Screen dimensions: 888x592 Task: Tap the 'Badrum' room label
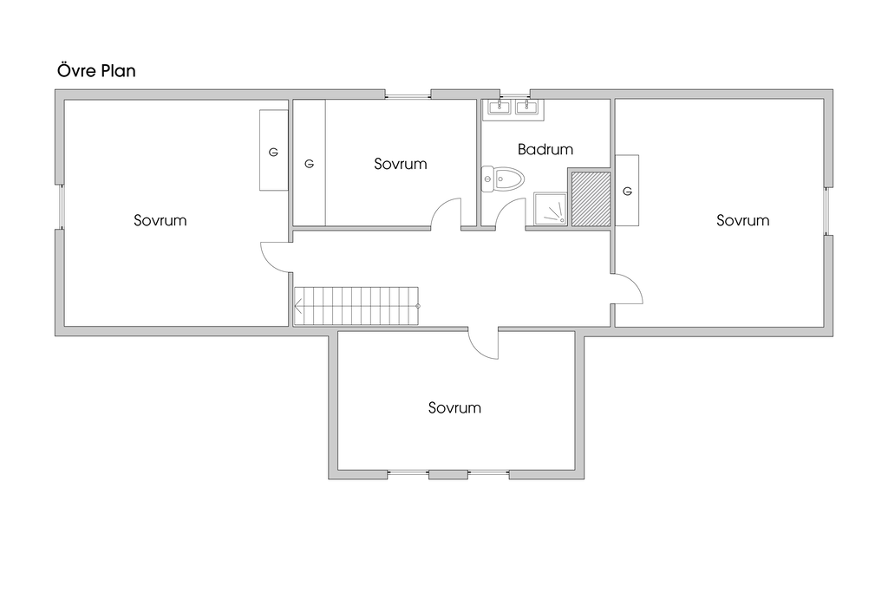click(x=545, y=149)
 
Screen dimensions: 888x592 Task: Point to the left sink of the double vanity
click(x=499, y=107)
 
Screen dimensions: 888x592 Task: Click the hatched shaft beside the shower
click(x=590, y=198)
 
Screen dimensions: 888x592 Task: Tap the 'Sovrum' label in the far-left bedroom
click(x=160, y=220)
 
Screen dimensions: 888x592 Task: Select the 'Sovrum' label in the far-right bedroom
click(x=742, y=220)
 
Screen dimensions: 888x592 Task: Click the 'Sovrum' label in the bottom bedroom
click(x=454, y=407)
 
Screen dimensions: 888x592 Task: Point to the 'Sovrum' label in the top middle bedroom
click(x=401, y=163)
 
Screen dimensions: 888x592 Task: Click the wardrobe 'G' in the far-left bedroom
click(x=273, y=152)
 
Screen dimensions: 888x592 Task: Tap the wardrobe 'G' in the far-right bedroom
click(x=627, y=190)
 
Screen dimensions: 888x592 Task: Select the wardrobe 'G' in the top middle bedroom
click(x=309, y=163)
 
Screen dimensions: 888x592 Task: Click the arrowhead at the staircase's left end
click(x=298, y=306)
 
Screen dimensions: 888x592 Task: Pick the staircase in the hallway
click(x=356, y=306)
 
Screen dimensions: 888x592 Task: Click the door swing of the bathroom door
click(x=512, y=212)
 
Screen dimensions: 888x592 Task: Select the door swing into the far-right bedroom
click(x=627, y=289)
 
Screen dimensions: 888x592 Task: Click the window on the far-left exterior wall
click(x=60, y=207)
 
